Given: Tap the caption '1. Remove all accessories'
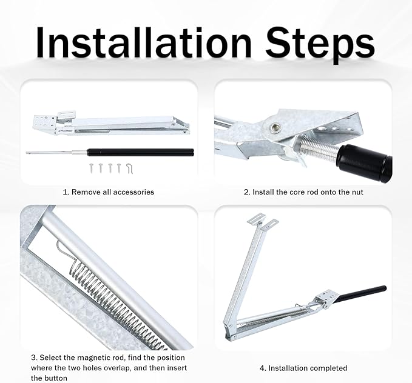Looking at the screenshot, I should [x=109, y=192].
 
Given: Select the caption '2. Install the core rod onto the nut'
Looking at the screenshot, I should [x=303, y=192].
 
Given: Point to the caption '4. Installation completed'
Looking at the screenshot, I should [x=303, y=368].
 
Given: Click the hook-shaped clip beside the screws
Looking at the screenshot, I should [x=129, y=167].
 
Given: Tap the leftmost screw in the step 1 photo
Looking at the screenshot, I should [x=90, y=166].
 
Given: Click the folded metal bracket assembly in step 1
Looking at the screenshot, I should [x=109, y=124].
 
